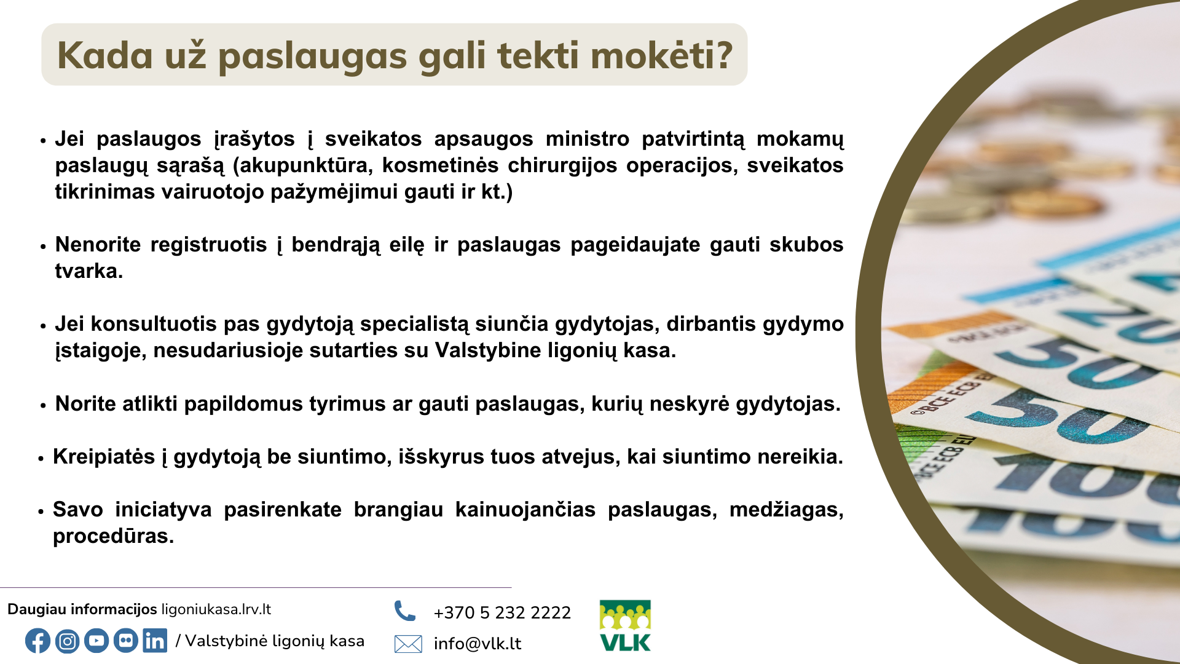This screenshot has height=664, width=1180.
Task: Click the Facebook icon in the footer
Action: coord(37,641)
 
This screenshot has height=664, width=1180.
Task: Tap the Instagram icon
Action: coord(67,641)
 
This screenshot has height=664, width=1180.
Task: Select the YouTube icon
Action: coord(96,641)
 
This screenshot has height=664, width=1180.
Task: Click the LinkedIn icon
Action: coord(155,641)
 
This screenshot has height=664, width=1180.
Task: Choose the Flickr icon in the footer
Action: coord(126,641)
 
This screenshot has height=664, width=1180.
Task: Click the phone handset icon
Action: coord(405,611)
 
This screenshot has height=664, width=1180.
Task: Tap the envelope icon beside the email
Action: coord(408,644)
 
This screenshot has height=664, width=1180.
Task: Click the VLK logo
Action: coord(625,626)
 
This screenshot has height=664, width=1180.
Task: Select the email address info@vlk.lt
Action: coord(478,644)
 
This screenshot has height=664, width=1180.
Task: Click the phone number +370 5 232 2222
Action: coord(502,612)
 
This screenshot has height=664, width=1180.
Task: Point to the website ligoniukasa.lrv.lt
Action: coord(216,609)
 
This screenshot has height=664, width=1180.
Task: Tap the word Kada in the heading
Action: coord(105,55)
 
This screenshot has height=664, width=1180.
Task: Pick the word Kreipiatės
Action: coord(104,457)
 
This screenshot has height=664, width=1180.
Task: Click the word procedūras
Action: coord(113,536)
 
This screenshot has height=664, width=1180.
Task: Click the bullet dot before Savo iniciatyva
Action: coord(41,511)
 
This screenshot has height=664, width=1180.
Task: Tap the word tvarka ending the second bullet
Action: coord(89,271)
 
